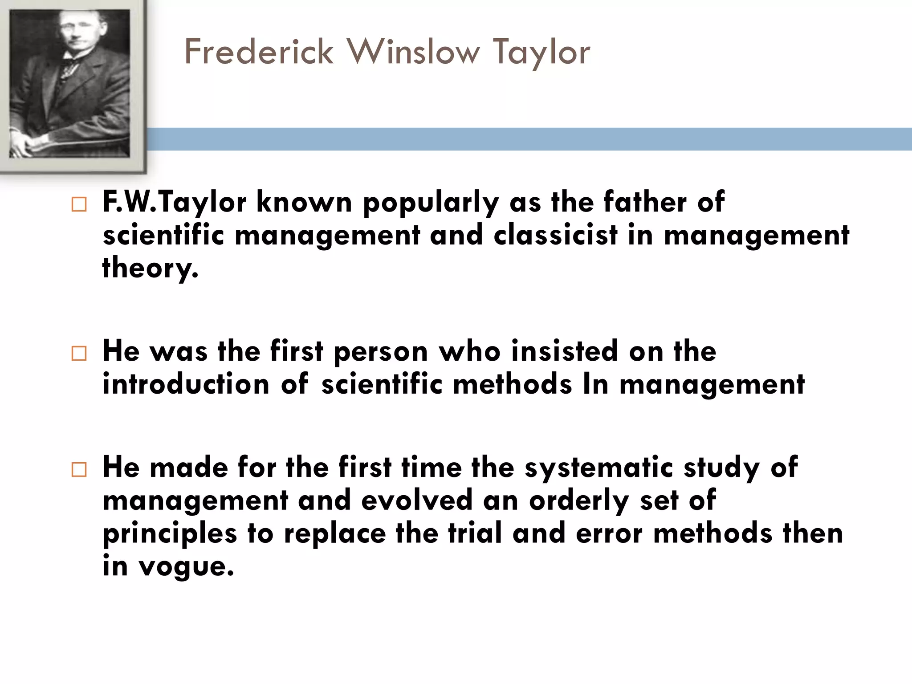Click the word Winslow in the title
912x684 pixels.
click(414, 52)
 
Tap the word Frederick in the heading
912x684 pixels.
click(259, 52)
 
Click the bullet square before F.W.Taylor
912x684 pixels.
click(79, 204)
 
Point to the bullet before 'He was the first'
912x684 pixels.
click(79, 354)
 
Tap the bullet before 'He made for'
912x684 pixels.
click(79, 470)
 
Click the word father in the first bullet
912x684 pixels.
click(645, 202)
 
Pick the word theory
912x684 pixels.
click(150, 268)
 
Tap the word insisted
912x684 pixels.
click(565, 351)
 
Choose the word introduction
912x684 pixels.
click(186, 384)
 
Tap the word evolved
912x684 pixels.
click(417, 500)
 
